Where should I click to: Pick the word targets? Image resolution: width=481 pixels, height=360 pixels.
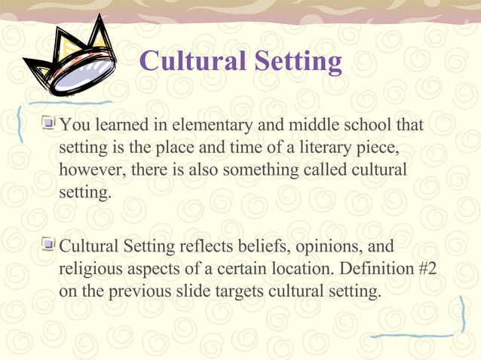tap(234, 291)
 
